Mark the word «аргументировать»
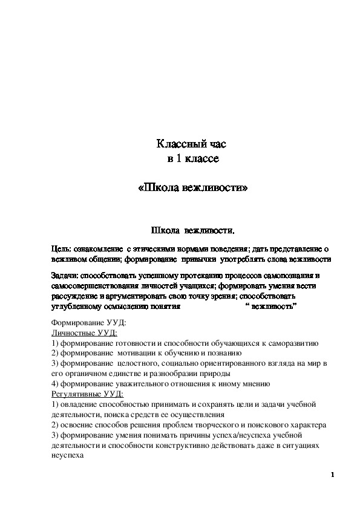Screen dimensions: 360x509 (140, 296)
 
